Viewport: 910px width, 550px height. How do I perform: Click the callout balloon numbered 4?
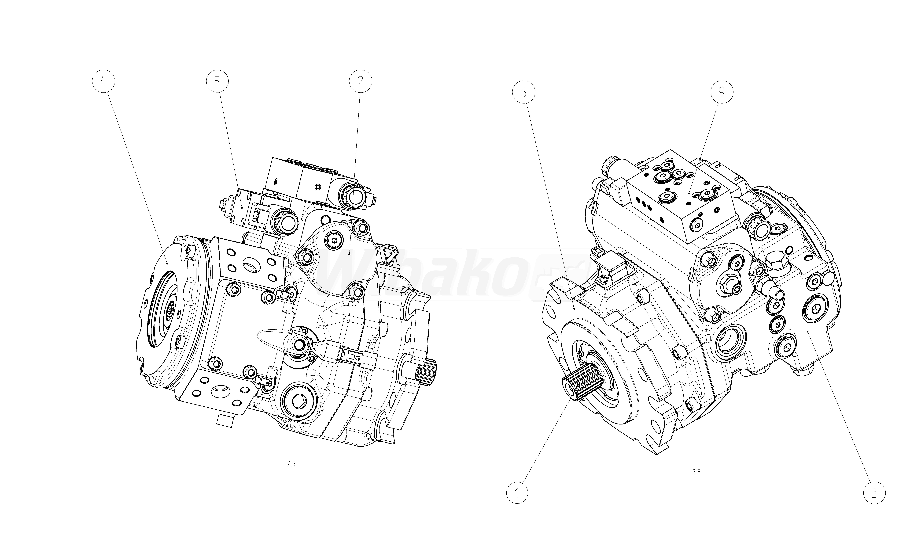click(103, 82)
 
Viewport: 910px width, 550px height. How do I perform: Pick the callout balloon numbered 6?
click(523, 92)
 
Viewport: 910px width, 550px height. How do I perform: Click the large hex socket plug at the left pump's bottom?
click(298, 400)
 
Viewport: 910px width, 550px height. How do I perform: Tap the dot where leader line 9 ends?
click(689, 193)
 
